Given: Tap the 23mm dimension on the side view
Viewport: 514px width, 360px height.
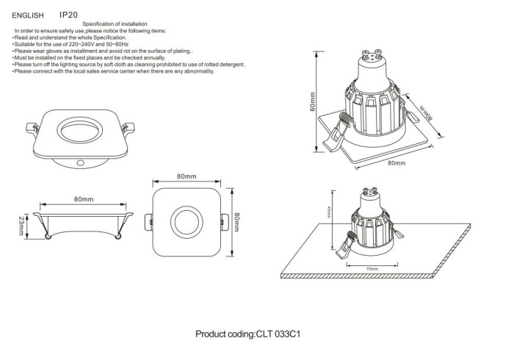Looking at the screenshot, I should click(x=21, y=226).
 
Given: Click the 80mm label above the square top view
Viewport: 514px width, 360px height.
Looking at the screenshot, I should click(x=187, y=177).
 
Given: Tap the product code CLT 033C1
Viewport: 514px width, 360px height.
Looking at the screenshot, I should click(x=249, y=334).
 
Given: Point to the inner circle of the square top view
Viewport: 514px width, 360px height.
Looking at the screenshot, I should click(x=187, y=221).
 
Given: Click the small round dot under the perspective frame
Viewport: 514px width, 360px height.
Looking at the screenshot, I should click(x=81, y=159).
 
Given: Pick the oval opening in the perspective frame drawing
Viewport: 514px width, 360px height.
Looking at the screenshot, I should click(x=81, y=131).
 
